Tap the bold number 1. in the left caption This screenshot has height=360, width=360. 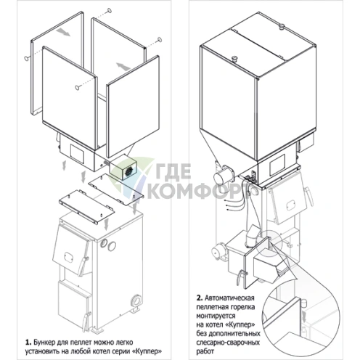[28, 342]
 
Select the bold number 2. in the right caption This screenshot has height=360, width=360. [200, 298]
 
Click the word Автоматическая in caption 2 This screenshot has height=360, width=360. [229, 298]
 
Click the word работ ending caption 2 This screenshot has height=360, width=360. [205, 351]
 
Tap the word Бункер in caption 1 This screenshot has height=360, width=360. [44, 343]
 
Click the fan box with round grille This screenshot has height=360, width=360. [123, 169]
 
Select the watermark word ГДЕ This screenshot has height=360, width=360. [173, 171]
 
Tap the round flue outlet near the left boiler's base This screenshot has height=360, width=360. [136, 300]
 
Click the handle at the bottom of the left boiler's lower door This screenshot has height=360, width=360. [86, 321]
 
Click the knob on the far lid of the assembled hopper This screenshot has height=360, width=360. [282, 26]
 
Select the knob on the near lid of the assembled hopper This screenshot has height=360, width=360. [234, 59]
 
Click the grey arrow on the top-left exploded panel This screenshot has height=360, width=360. [62, 32]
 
